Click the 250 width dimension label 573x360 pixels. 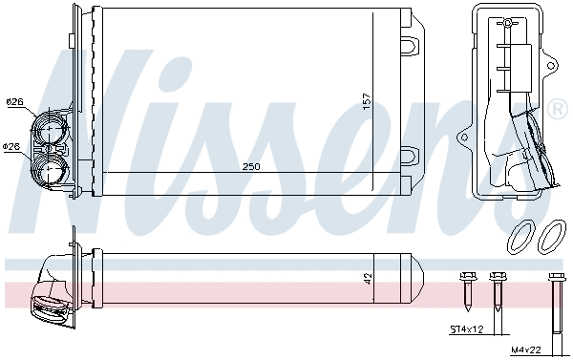pos(250,166)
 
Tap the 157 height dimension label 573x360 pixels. pos(367,103)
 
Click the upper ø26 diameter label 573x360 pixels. pos(13,102)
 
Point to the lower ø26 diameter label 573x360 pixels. pos(11,146)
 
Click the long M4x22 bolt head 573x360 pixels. pos(556,279)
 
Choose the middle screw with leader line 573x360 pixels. pos(496,286)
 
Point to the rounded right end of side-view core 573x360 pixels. pos(416,279)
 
